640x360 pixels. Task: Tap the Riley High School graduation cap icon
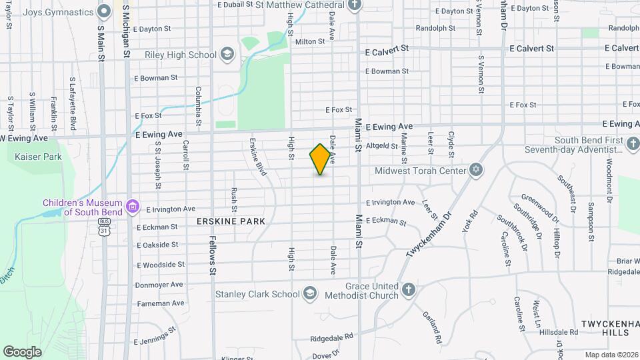click(x=227, y=54)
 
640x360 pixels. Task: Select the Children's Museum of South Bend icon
click(x=133, y=206)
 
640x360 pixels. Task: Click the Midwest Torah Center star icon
click(x=475, y=171)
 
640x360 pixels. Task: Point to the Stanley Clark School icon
click(x=309, y=293)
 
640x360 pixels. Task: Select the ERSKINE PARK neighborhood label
click(x=231, y=221)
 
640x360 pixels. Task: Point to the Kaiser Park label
click(x=38, y=157)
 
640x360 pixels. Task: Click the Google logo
click(x=22, y=351)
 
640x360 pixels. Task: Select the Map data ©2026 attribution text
click(x=611, y=355)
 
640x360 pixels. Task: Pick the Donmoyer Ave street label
click(x=159, y=285)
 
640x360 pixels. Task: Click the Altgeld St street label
click(x=382, y=145)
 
